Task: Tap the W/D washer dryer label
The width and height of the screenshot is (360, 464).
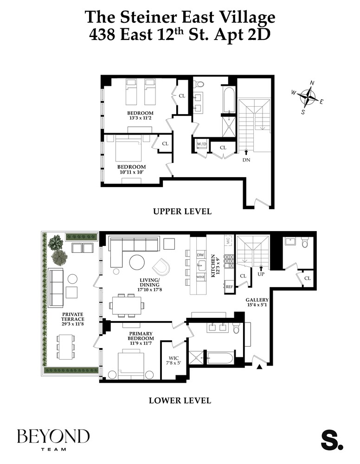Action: [x=201, y=144]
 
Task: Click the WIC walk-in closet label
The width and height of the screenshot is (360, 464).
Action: [x=174, y=360]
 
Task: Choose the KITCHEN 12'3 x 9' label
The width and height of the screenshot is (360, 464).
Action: [x=213, y=266]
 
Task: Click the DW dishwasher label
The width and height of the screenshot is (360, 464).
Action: [x=201, y=255]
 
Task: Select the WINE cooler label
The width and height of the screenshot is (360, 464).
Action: [x=201, y=277]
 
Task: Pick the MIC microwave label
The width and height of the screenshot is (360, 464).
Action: [x=228, y=240]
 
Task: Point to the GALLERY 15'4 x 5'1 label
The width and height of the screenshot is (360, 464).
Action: [x=257, y=303]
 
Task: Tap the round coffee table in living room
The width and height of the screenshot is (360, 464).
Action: [x=137, y=263]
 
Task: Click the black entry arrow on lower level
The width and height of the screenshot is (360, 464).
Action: [x=259, y=367]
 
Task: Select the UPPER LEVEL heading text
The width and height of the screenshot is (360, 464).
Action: [x=182, y=212]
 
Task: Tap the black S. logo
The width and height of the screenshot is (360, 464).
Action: [x=332, y=440]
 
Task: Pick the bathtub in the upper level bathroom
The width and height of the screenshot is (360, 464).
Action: [x=229, y=99]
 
